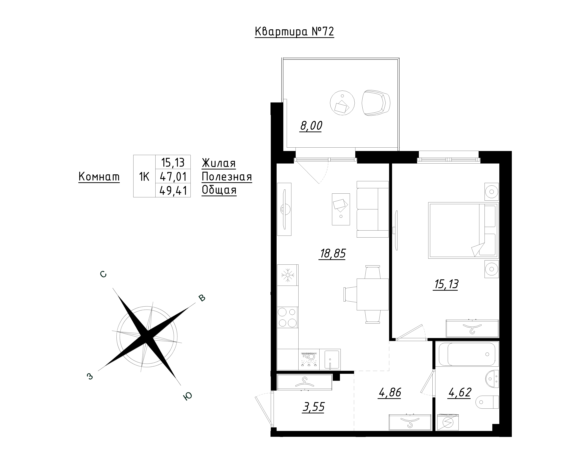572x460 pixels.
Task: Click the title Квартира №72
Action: pos(294,32)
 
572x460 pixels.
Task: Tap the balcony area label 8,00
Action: pos(311,126)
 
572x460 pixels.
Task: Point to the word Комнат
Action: pos(99,177)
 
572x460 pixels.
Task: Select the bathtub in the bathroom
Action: pos(467,354)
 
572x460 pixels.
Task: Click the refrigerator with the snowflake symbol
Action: pos(288,275)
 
